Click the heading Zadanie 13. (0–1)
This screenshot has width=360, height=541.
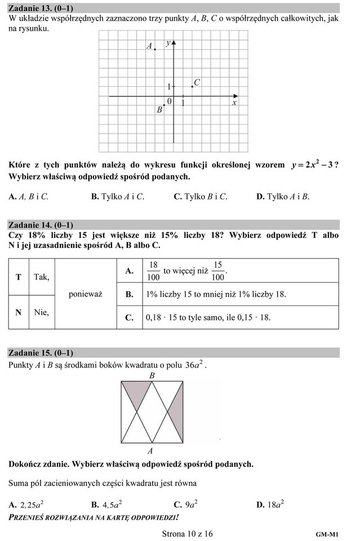(41, 8)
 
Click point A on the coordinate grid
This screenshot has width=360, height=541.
(155, 50)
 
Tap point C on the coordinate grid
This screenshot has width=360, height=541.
(192, 87)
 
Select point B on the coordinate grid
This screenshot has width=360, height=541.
(164, 105)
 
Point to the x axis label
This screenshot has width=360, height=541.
(234, 103)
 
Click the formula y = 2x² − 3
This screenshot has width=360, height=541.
(312, 165)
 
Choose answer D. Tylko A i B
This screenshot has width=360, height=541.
(283, 197)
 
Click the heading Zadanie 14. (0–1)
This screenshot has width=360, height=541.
(41, 224)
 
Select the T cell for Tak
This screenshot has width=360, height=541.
(19, 277)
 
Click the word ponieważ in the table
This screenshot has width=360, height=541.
(85, 294)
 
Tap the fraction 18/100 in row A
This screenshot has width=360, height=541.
(153, 271)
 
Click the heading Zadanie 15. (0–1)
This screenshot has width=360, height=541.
(41, 353)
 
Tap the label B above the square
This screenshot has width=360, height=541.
(151, 375)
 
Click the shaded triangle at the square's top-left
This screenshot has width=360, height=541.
(135, 392)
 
